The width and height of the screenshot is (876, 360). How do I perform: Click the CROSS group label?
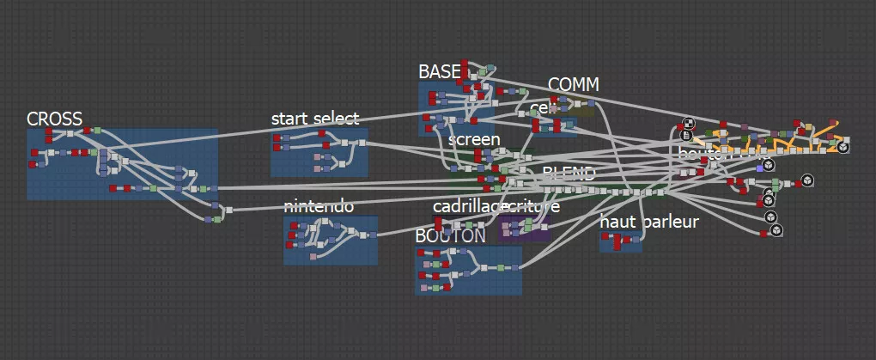(x=54, y=119)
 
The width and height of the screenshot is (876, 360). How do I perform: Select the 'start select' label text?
(x=314, y=119)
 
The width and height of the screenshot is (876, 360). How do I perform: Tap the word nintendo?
(x=318, y=206)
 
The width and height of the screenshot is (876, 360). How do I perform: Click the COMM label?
(x=573, y=84)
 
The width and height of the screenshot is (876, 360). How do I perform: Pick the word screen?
(x=474, y=139)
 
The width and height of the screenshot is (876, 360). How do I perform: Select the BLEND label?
(x=569, y=173)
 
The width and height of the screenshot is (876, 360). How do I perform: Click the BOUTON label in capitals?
(x=450, y=235)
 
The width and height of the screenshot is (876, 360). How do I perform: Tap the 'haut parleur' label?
(x=649, y=222)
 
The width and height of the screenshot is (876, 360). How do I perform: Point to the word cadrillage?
(x=467, y=206)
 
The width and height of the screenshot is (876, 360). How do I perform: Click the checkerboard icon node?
(x=688, y=124)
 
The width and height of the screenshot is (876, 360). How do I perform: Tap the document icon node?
(x=687, y=135)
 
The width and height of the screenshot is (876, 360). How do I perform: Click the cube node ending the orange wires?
(x=843, y=147)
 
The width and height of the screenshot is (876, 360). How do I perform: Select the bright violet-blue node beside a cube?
(x=759, y=167)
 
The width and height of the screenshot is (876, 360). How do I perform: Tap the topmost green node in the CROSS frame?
(x=97, y=131)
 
